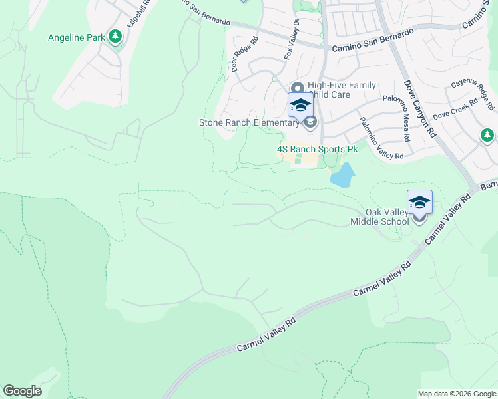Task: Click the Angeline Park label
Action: coord(76,37)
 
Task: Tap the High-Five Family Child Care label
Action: coord(342,90)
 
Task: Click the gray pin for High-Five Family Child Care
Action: coord(298,88)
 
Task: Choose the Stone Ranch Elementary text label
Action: coord(250,122)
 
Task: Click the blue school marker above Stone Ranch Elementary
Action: coord(300,106)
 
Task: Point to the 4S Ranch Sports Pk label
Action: coord(317,150)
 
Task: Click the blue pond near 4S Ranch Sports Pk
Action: coord(342,175)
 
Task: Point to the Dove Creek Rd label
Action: coord(455,110)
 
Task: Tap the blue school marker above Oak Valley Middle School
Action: coord(419,202)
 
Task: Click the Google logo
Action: coord(22,390)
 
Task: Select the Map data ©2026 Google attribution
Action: coord(457,394)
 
